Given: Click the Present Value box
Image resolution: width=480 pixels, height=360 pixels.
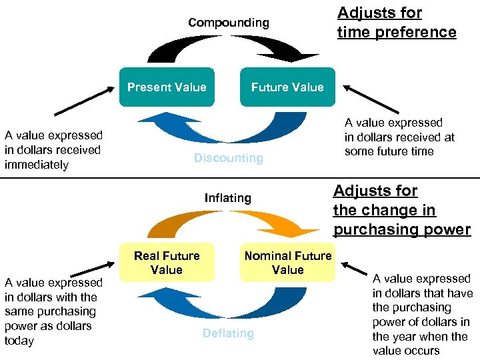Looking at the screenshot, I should [x=167, y=87].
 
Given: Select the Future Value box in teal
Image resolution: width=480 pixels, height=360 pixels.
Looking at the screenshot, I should [x=287, y=87].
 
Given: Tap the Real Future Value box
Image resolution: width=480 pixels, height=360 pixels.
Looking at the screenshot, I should [x=167, y=263].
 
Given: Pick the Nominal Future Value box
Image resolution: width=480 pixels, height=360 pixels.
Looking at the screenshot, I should [x=287, y=263].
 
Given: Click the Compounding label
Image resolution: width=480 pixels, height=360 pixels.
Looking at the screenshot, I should [x=229, y=23].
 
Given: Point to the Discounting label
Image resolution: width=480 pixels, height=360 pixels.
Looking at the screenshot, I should [x=229, y=158].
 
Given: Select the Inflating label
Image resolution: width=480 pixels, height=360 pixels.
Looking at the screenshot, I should [x=228, y=198].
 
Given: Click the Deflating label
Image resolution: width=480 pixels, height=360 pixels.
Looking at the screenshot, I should [x=228, y=333].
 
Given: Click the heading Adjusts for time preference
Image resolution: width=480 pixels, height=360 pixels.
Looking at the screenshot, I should [x=397, y=23].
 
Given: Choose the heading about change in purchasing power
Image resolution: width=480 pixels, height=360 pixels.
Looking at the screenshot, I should [x=401, y=210].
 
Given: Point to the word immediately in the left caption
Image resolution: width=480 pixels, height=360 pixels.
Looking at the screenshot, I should [x=37, y=165].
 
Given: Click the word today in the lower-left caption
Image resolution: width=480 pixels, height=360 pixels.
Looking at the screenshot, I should [x=19, y=341].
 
